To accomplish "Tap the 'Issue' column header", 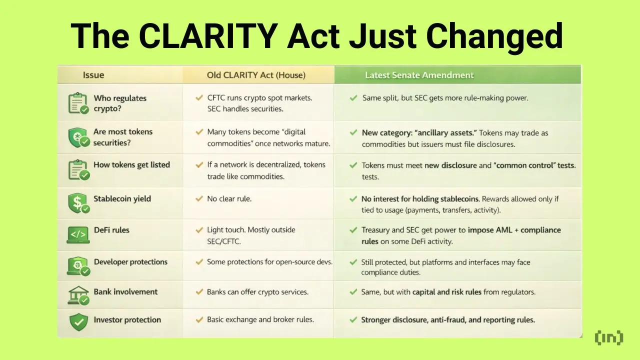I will tap(93, 75).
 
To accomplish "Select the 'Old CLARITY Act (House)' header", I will tap(256, 75).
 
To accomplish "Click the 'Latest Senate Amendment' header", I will tap(419, 75).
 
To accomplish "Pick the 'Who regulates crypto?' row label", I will tap(120, 103).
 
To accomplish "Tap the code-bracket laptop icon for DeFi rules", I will tap(77, 234).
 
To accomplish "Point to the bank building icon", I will tap(77, 295).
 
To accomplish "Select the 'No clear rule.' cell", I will tap(229, 198).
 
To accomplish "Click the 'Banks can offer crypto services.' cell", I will tap(257, 291).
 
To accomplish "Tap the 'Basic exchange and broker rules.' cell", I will tap(260, 319).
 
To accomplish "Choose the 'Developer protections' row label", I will tap(130, 261).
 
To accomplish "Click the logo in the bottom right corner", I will tap(609, 337).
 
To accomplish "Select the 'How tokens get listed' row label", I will tap(131, 164).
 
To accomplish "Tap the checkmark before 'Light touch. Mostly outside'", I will tap(198, 230).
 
